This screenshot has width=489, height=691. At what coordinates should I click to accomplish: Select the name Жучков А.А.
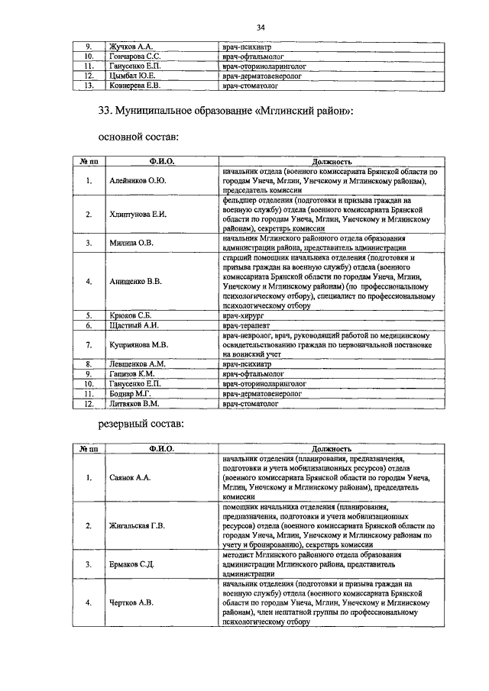point(131,47)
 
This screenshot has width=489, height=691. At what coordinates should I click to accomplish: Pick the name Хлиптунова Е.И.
point(138,214)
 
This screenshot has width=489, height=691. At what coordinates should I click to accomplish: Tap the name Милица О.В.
point(131,243)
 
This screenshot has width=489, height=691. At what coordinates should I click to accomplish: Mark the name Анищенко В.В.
point(135,281)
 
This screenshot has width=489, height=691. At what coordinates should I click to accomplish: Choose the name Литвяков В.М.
point(134,403)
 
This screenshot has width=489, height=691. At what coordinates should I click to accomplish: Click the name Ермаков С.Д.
point(133,564)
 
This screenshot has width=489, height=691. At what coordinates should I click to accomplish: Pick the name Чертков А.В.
point(131,602)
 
